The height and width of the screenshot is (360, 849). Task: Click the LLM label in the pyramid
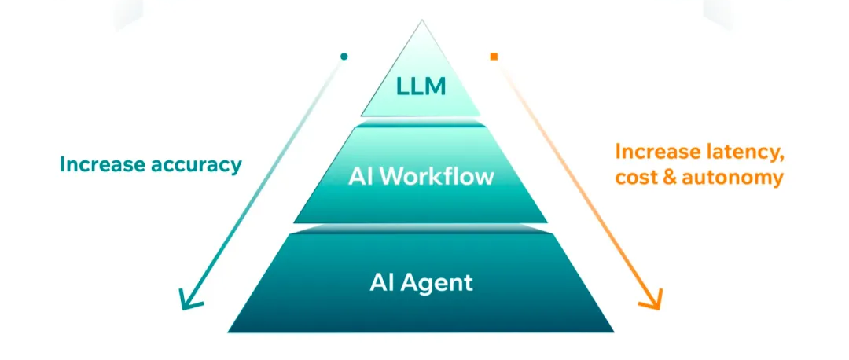(421, 86)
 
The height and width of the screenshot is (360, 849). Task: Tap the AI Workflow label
(421, 177)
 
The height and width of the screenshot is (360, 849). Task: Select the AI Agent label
(421, 282)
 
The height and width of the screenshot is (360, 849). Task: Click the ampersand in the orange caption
(667, 177)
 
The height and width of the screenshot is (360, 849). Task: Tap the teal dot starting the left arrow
(344, 57)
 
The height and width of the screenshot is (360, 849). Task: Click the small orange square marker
(494, 57)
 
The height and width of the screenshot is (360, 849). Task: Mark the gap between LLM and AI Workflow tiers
(421, 120)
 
